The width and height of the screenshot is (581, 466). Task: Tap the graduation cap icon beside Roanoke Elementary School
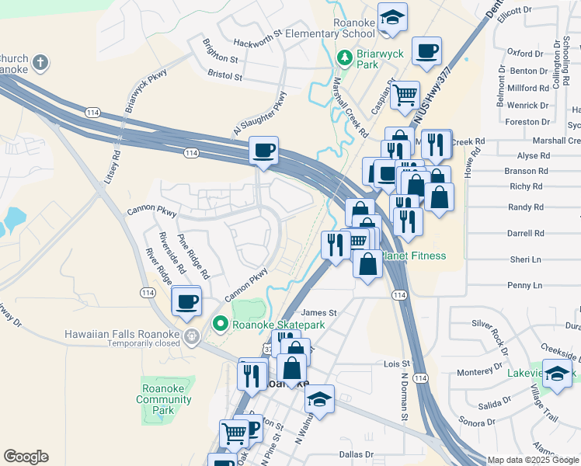point(393,19)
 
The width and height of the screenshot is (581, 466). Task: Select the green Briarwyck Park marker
point(344,57)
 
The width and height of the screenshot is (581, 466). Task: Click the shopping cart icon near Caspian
point(405,95)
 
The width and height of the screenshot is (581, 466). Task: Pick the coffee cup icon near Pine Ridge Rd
point(186,301)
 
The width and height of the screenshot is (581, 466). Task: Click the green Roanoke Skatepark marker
point(220,324)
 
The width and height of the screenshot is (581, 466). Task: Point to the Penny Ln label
point(525,286)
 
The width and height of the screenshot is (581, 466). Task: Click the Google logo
point(26,457)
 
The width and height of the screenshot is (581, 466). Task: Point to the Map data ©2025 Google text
point(533,460)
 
